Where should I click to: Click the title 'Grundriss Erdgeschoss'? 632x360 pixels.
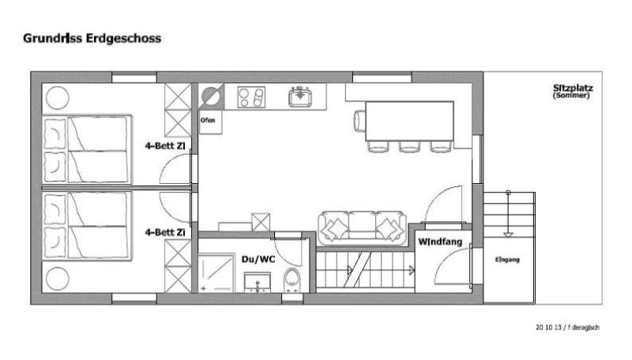point(92,39)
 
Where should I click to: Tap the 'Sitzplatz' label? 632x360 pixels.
point(573,88)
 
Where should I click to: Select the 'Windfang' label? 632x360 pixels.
point(440,242)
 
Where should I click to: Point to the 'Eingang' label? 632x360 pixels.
point(507,260)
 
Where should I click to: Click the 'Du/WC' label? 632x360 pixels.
point(258,259)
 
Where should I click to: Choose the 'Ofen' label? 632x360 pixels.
point(208,120)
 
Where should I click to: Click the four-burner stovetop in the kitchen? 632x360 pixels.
point(251,97)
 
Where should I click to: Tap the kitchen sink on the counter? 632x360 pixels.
point(300,96)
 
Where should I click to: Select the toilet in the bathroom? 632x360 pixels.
point(292,280)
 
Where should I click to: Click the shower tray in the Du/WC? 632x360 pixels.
point(216,272)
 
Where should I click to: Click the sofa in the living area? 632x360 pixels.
point(362,228)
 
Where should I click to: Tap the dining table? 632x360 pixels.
point(409,121)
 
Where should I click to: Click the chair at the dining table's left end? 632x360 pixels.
point(359,121)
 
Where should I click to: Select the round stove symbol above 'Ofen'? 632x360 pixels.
point(212,96)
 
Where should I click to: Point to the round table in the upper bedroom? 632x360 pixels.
point(58,98)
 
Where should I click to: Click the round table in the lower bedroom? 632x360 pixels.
point(58,278)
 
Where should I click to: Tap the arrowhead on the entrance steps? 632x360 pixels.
point(508,234)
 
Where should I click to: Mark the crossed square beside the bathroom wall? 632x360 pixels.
point(261,223)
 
